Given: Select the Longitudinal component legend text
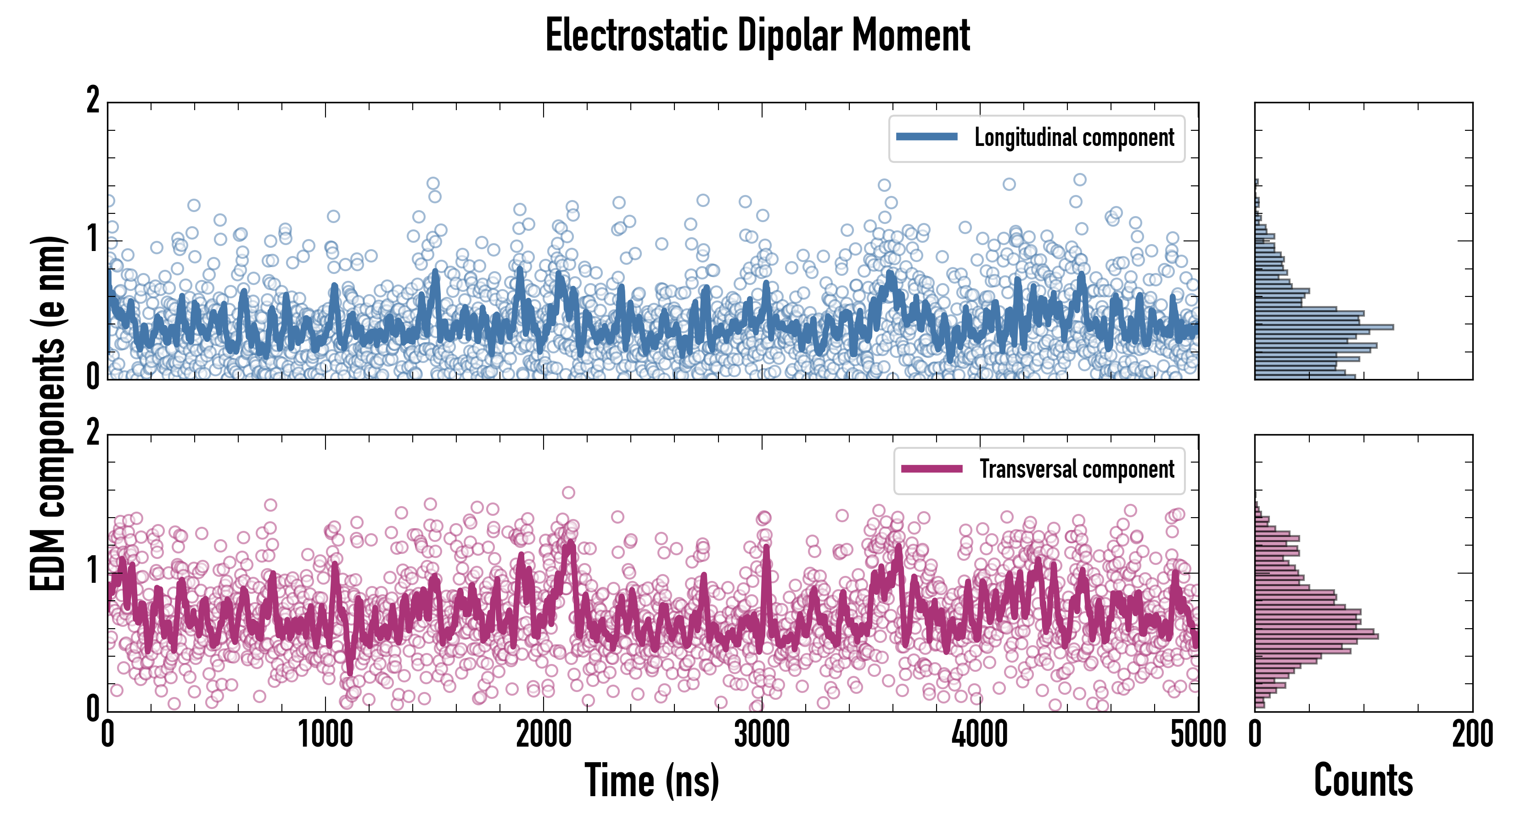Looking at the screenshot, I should [x=1074, y=138].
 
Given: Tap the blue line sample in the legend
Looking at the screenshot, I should [x=926, y=137].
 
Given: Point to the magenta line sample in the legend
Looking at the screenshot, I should [x=931, y=469].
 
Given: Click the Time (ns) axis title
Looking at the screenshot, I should [x=651, y=781].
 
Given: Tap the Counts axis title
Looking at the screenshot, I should [x=1363, y=781].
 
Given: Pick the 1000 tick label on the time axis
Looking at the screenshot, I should [x=325, y=735].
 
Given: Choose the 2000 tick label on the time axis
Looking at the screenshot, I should [x=544, y=735].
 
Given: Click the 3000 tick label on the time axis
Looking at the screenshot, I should [x=762, y=735].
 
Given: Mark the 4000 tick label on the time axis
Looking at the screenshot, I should [x=980, y=735].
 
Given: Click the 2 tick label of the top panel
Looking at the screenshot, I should [x=93, y=100].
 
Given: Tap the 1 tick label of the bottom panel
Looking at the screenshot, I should [x=93, y=571].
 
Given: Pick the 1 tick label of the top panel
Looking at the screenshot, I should [x=93, y=239].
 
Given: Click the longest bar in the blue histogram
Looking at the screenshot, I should [x=1323, y=327].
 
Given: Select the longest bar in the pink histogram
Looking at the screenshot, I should [x=1316, y=636].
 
